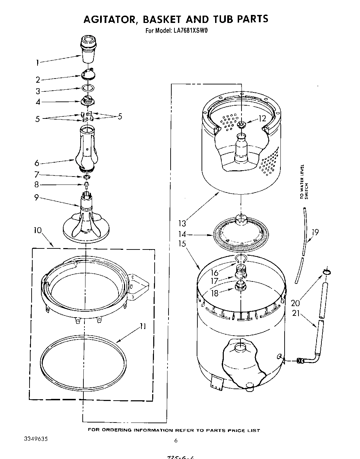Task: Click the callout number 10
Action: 38,230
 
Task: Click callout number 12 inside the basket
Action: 262,118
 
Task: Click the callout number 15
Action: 182,244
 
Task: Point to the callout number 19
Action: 315,232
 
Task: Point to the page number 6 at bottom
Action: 176,441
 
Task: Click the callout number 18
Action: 215,293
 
